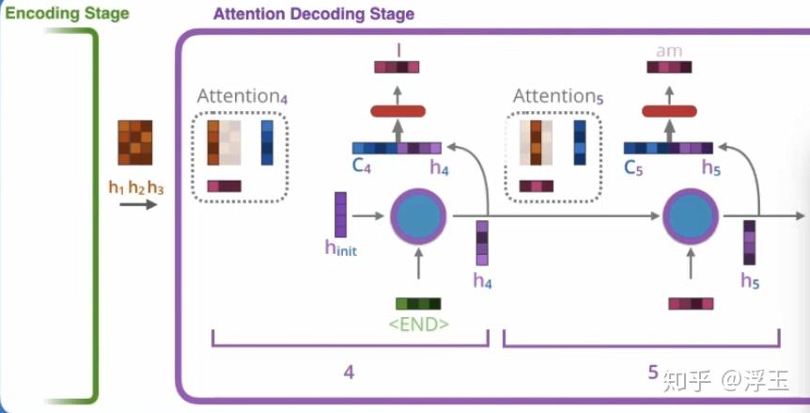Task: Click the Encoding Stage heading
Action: (65, 14)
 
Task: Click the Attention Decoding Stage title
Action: (314, 15)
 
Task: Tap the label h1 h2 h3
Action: (136, 188)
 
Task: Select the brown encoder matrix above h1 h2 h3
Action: (134, 143)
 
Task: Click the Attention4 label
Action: (241, 97)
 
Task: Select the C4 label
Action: (363, 167)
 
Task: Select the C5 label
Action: (635, 167)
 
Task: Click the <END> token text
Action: (418, 326)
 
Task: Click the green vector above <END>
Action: (418, 304)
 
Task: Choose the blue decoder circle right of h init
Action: (417, 215)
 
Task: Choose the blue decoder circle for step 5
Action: (691, 215)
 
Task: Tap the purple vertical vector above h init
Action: (341, 214)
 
